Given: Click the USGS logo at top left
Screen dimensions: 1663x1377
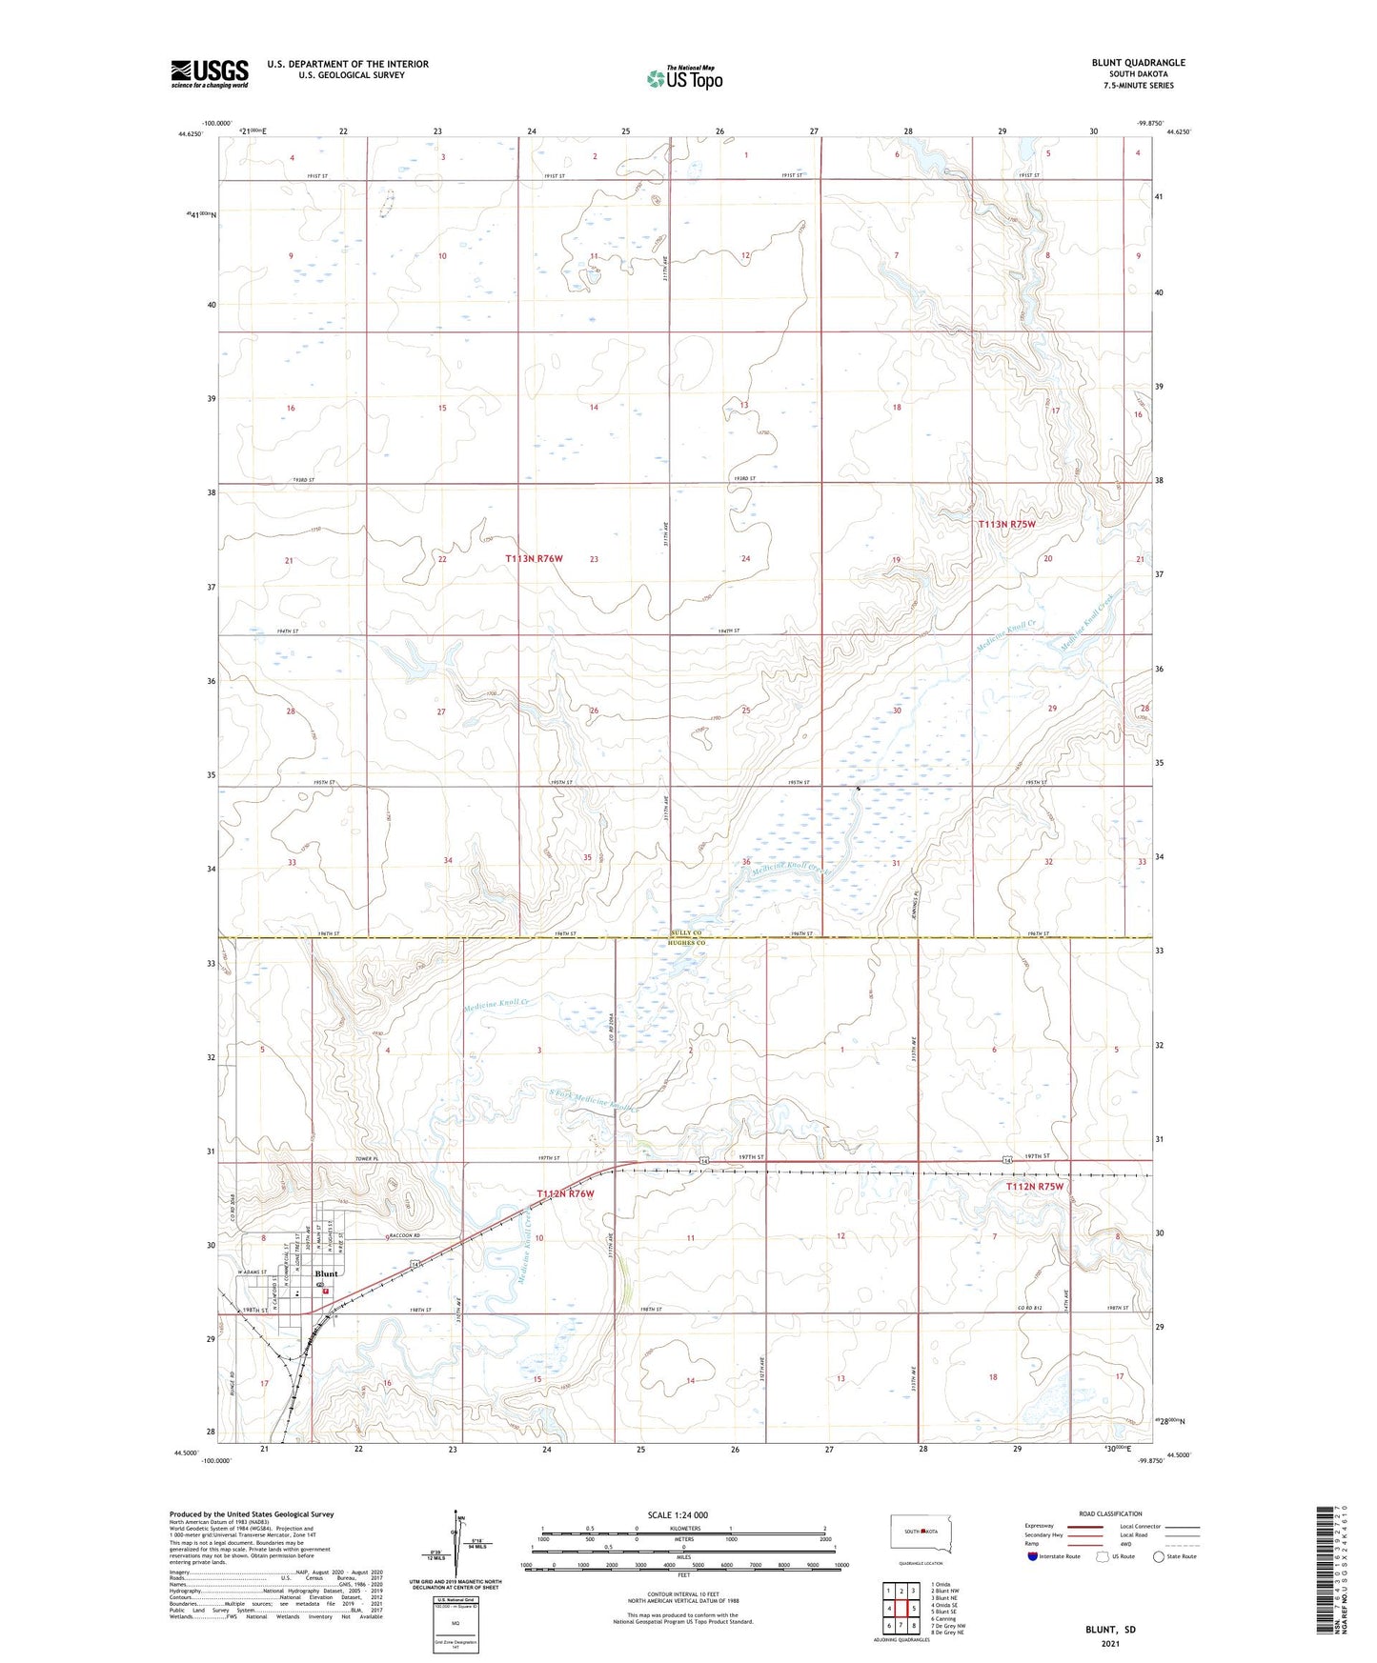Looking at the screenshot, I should click(x=210, y=73).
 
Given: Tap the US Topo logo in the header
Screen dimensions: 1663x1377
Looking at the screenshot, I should click(x=684, y=78).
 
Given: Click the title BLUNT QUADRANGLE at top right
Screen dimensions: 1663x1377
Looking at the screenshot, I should click(x=1138, y=63).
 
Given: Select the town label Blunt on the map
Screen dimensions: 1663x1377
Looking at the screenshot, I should click(x=326, y=1273).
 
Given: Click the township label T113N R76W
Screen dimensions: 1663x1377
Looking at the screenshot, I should click(x=534, y=559).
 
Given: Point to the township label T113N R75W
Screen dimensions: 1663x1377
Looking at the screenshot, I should click(x=1006, y=525).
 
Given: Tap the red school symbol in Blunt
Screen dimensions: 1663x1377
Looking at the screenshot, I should click(x=326, y=1292).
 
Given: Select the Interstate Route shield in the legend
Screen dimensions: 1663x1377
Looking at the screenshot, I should click(x=1033, y=1556).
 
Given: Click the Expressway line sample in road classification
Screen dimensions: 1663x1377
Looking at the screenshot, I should click(x=1084, y=1526).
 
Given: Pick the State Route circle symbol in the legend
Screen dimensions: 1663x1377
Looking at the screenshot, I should click(x=1159, y=1556).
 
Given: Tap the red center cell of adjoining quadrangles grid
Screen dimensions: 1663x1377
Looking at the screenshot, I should click(x=901, y=1608).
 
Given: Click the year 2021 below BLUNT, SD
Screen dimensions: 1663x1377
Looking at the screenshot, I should click(x=1110, y=1644).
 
